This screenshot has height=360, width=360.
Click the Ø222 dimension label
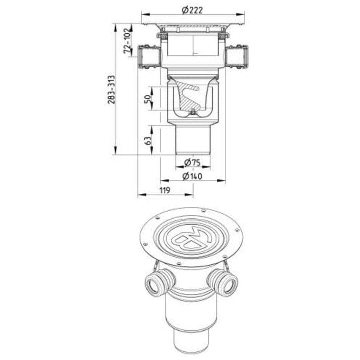tap(192, 10)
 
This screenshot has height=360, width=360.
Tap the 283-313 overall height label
tap(112, 90)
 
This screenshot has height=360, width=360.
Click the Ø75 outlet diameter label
tap(192, 163)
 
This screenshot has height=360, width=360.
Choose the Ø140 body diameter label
tap(192, 176)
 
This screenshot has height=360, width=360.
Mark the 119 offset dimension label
tap(165, 190)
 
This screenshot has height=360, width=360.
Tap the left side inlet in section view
tap(149, 57)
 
